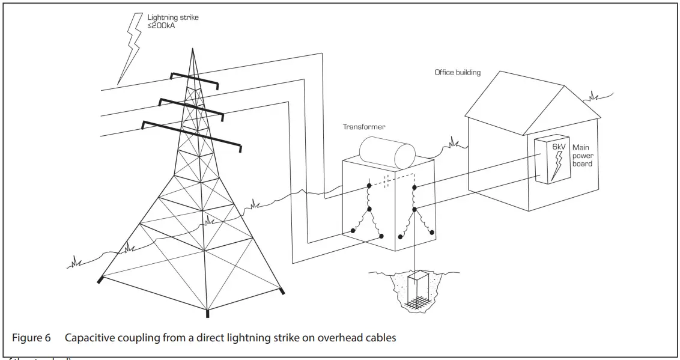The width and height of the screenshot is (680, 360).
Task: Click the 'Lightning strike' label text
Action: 173,17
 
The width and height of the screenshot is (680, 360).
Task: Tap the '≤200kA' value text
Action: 161,26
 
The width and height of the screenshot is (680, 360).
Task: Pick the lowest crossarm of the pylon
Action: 192,136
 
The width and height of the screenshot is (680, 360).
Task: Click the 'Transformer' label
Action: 364,127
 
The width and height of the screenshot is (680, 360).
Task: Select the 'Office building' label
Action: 457,73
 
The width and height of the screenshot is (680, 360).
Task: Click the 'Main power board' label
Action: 583,155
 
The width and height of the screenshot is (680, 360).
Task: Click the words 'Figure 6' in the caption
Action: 31,338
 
